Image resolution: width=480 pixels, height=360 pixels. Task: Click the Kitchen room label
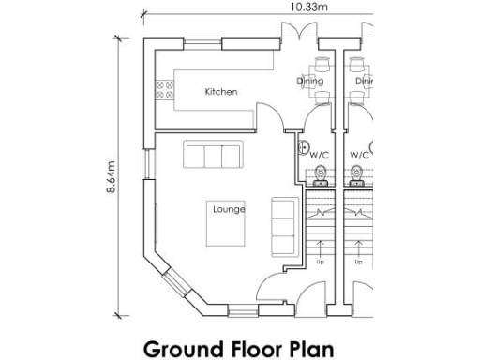[x=221, y=92]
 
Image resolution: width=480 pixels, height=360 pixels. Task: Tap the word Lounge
[x=228, y=209]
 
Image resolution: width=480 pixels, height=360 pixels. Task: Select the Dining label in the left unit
[x=310, y=82]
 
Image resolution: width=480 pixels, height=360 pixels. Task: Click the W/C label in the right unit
[x=359, y=155]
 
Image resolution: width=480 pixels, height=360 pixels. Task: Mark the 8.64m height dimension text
[x=112, y=175]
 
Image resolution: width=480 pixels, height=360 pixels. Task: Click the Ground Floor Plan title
[x=238, y=349]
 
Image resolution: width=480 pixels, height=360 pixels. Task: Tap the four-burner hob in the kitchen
[x=165, y=89]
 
